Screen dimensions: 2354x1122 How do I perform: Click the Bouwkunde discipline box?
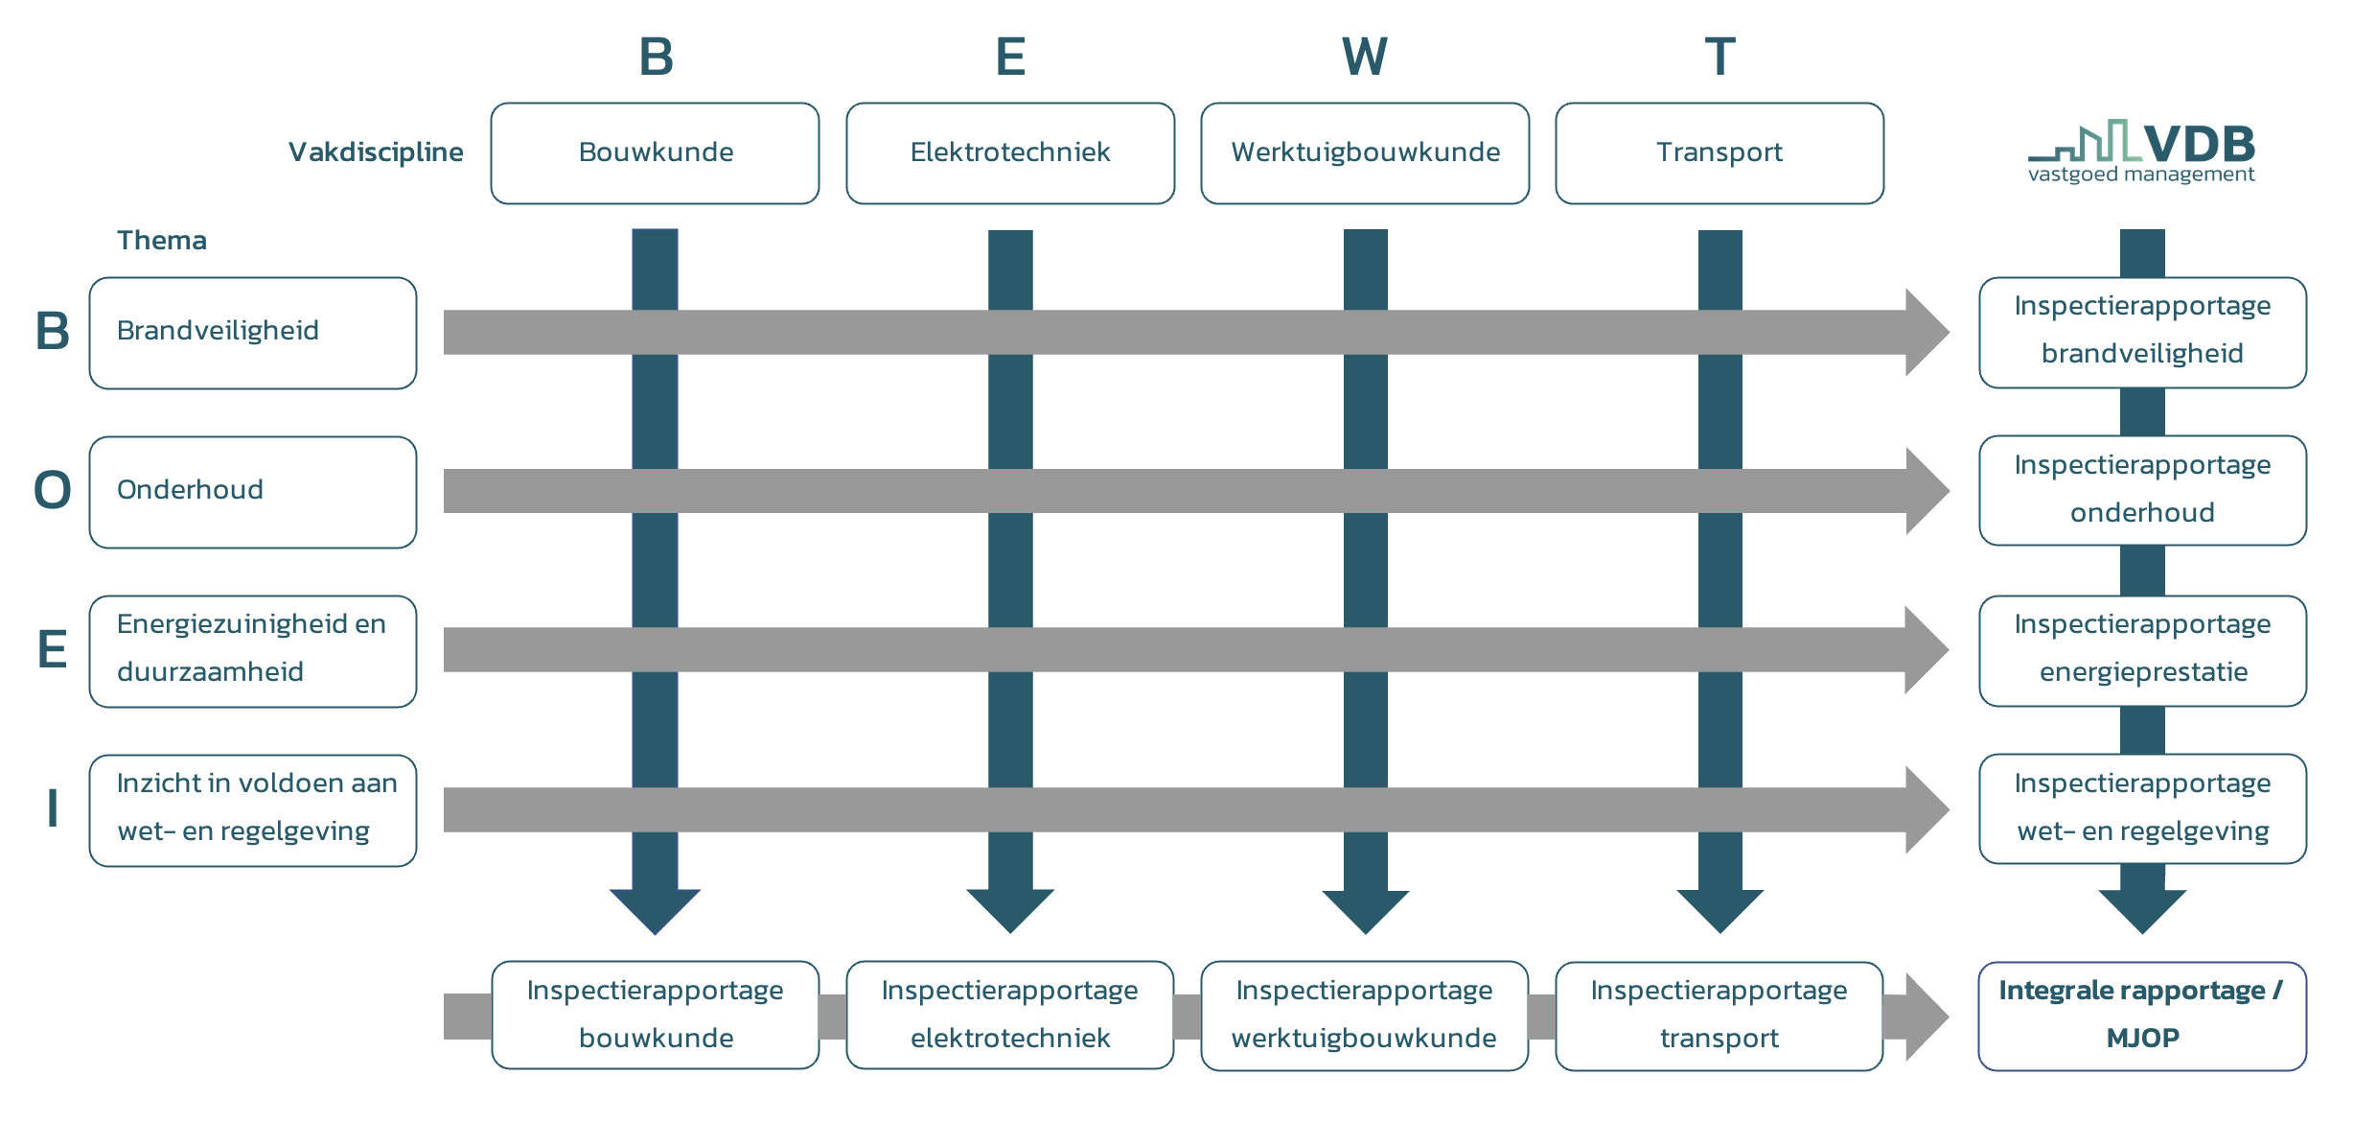(x=655, y=153)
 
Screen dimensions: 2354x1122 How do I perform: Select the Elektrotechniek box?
(x=1010, y=153)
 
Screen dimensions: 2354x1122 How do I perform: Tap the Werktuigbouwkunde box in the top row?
(x=1365, y=153)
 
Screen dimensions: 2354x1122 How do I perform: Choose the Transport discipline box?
(x=1719, y=153)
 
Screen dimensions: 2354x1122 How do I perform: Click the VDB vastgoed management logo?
(x=2142, y=152)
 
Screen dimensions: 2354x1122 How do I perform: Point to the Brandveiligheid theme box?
(x=253, y=333)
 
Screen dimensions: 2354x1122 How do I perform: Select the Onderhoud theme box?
(x=253, y=492)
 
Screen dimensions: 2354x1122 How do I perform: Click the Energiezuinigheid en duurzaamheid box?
(x=253, y=651)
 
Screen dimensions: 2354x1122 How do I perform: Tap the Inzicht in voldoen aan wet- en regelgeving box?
(x=253, y=810)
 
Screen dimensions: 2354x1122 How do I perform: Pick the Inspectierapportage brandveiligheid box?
(x=2143, y=333)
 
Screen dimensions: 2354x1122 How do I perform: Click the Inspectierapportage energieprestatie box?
(x=2143, y=651)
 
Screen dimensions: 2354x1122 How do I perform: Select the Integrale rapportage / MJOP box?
(x=2143, y=1017)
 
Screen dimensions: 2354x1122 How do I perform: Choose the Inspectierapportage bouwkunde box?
(x=656, y=1016)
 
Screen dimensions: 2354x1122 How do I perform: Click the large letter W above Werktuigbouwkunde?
(x=1365, y=57)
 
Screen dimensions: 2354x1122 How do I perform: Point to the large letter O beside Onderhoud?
(x=53, y=490)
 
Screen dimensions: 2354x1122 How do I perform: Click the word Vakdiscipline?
(x=376, y=152)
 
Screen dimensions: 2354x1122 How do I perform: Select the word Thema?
(x=162, y=240)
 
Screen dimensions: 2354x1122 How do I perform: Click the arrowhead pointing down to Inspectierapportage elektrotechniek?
(x=1010, y=910)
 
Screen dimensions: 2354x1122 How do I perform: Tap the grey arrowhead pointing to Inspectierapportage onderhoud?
(x=1927, y=491)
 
